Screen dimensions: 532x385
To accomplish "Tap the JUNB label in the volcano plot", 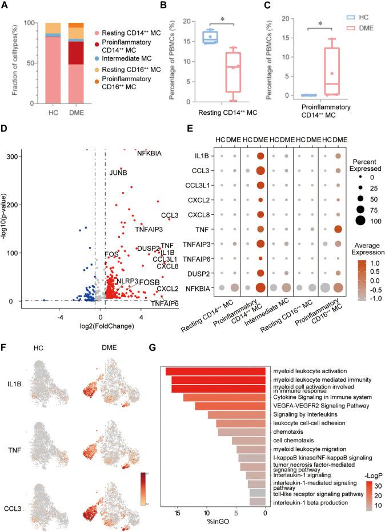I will click(118, 173).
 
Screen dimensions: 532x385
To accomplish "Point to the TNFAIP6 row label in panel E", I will click(190, 258).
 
